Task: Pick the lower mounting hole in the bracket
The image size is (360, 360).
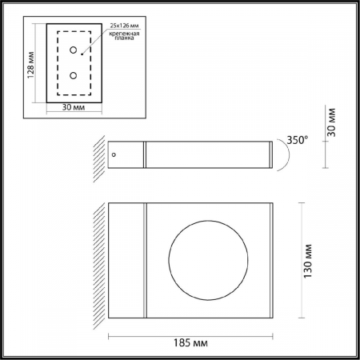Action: [x=74, y=76]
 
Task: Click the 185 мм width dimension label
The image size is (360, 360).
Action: [x=190, y=342]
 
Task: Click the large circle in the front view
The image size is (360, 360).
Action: [x=202, y=258]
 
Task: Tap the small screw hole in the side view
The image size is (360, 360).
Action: [x=114, y=154]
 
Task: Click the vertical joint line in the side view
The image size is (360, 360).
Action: [x=145, y=155]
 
